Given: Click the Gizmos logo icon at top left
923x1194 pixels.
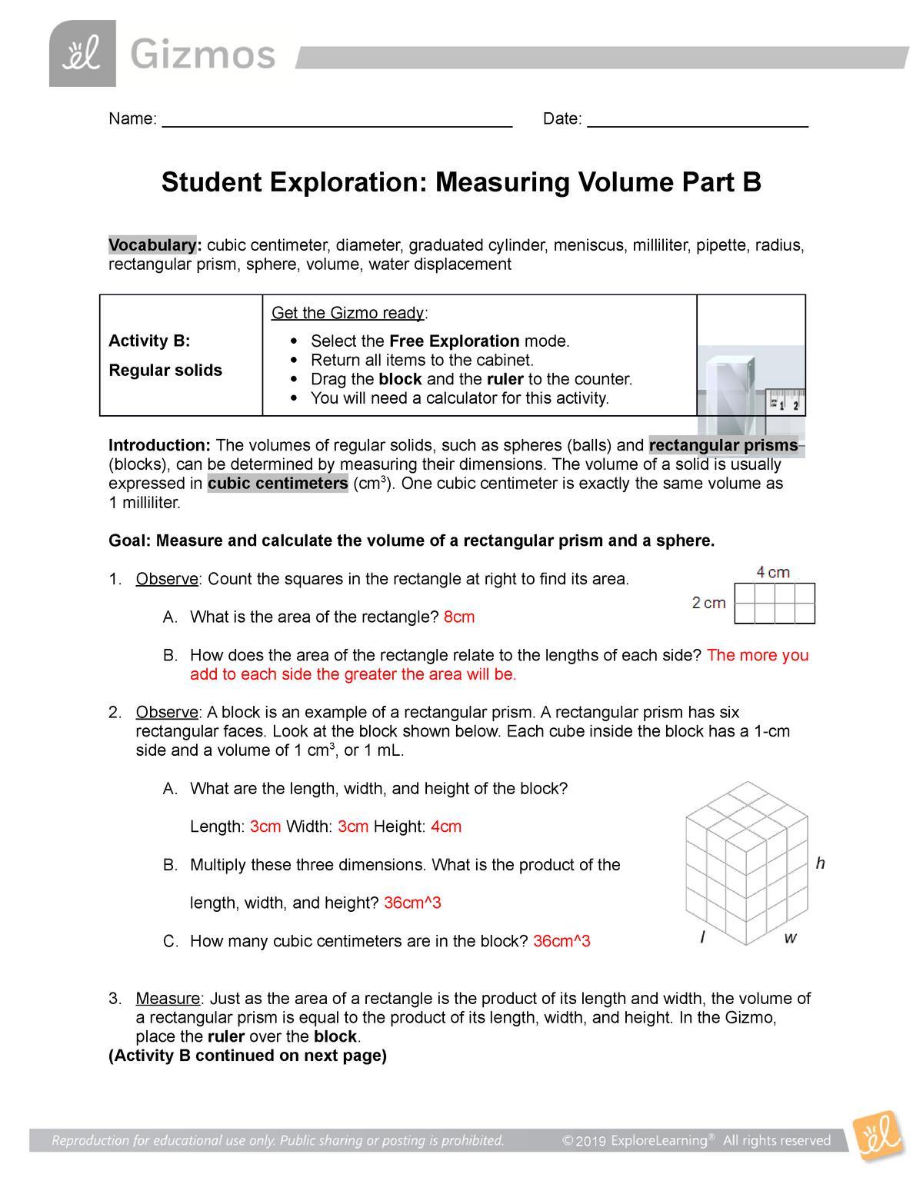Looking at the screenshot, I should (82, 54).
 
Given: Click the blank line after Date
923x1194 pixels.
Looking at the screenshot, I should (697, 120).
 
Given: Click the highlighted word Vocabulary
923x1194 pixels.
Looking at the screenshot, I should (153, 245).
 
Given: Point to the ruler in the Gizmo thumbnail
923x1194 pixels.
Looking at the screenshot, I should (785, 401).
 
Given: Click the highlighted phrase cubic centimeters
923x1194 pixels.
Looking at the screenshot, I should (278, 484).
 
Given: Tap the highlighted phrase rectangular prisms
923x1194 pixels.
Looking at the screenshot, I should (723, 446).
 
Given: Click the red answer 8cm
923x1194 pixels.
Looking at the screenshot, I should (459, 617).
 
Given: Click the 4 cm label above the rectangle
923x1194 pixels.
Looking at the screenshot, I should (773, 572).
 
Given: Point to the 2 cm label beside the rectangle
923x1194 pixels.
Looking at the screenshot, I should (708, 603).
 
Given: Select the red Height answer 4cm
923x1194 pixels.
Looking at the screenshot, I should (446, 826).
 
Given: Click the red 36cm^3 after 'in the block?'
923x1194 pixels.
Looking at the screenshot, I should (561, 941).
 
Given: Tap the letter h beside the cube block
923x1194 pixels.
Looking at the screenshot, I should (821, 863).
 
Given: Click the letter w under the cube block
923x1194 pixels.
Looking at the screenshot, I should (790, 938).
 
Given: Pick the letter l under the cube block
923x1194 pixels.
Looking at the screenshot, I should (702, 938).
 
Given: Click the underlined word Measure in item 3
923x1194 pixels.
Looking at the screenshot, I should (168, 999).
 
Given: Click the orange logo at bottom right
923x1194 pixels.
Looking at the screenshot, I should (878, 1136).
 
